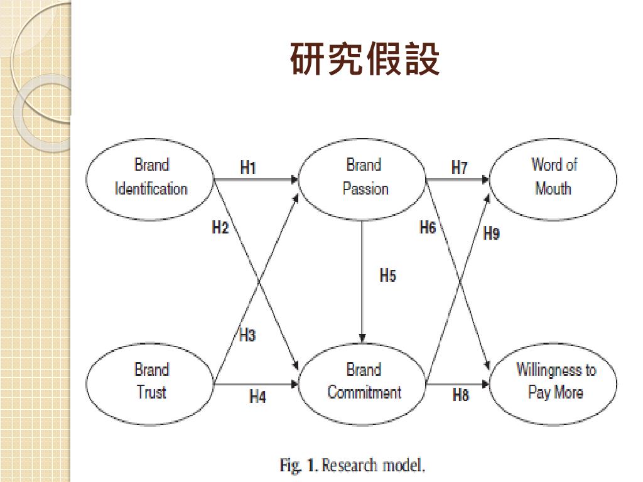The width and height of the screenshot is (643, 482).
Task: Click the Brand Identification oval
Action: (151, 178)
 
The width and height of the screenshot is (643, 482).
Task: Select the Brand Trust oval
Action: (151, 382)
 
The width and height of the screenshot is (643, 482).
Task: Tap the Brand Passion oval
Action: (364, 178)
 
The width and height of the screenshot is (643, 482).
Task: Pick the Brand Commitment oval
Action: (364, 382)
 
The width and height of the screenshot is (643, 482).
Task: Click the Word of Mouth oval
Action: (553, 178)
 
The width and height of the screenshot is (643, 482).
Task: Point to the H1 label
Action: (248, 168)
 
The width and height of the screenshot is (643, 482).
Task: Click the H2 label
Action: (220, 228)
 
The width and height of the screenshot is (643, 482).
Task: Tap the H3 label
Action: (247, 335)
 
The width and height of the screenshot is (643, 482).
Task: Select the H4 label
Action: (257, 397)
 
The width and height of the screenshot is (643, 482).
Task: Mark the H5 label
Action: (387, 275)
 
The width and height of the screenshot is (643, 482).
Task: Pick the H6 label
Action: (427, 228)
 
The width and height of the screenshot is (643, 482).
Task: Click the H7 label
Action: (459, 168)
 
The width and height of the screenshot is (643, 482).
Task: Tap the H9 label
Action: (491, 234)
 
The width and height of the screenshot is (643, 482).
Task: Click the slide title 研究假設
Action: (364, 60)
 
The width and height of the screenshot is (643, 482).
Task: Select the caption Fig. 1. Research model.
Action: (353, 466)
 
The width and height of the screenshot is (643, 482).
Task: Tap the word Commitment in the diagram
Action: (364, 393)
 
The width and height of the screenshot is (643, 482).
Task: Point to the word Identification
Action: (151, 189)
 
